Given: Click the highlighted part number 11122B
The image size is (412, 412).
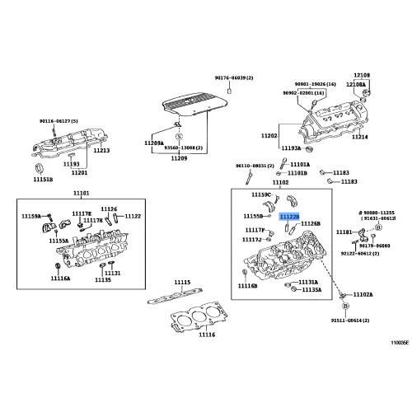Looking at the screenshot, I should pyautogui.click(x=289, y=217).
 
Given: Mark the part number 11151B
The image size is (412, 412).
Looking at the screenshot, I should pyautogui.click(x=43, y=179).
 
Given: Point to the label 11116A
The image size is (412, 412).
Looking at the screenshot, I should pyautogui.click(x=59, y=279).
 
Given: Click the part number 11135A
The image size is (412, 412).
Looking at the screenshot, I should pyautogui.click(x=311, y=290).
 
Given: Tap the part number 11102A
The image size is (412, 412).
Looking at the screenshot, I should pyautogui.click(x=363, y=294).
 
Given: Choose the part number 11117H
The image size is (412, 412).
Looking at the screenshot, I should pyautogui.click(x=81, y=213).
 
